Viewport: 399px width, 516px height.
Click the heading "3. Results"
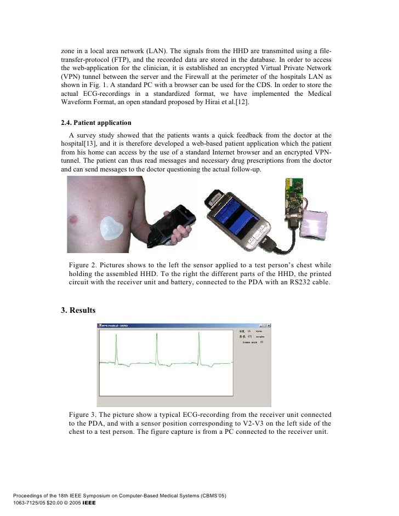[78, 311]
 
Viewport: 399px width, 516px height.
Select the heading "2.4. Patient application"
[96, 122]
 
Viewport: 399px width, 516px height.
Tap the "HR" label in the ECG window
[242, 332]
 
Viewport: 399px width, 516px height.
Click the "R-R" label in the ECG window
[242, 337]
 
